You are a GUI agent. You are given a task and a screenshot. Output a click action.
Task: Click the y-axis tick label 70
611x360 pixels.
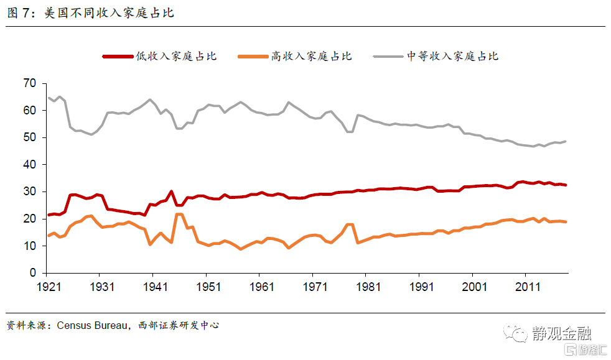[x=29, y=83]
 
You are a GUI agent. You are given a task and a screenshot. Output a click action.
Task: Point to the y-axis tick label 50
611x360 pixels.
[x=29, y=137]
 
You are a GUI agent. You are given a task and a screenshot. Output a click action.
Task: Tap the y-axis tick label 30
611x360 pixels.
[x=29, y=192]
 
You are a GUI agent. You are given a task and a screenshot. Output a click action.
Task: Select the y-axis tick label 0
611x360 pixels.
[x=33, y=273]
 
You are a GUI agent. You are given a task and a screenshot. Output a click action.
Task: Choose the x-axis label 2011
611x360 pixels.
[x=527, y=287]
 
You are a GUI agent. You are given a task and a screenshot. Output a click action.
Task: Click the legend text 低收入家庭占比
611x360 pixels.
[x=176, y=57]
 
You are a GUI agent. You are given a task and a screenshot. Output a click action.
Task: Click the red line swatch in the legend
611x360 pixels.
[x=118, y=57]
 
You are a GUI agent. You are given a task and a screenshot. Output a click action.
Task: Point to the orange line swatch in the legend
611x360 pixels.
[x=253, y=57]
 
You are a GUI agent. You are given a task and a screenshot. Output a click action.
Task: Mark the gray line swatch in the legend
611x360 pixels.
[x=389, y=57]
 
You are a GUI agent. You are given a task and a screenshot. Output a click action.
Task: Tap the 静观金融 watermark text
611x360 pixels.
[x=561, y=334]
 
